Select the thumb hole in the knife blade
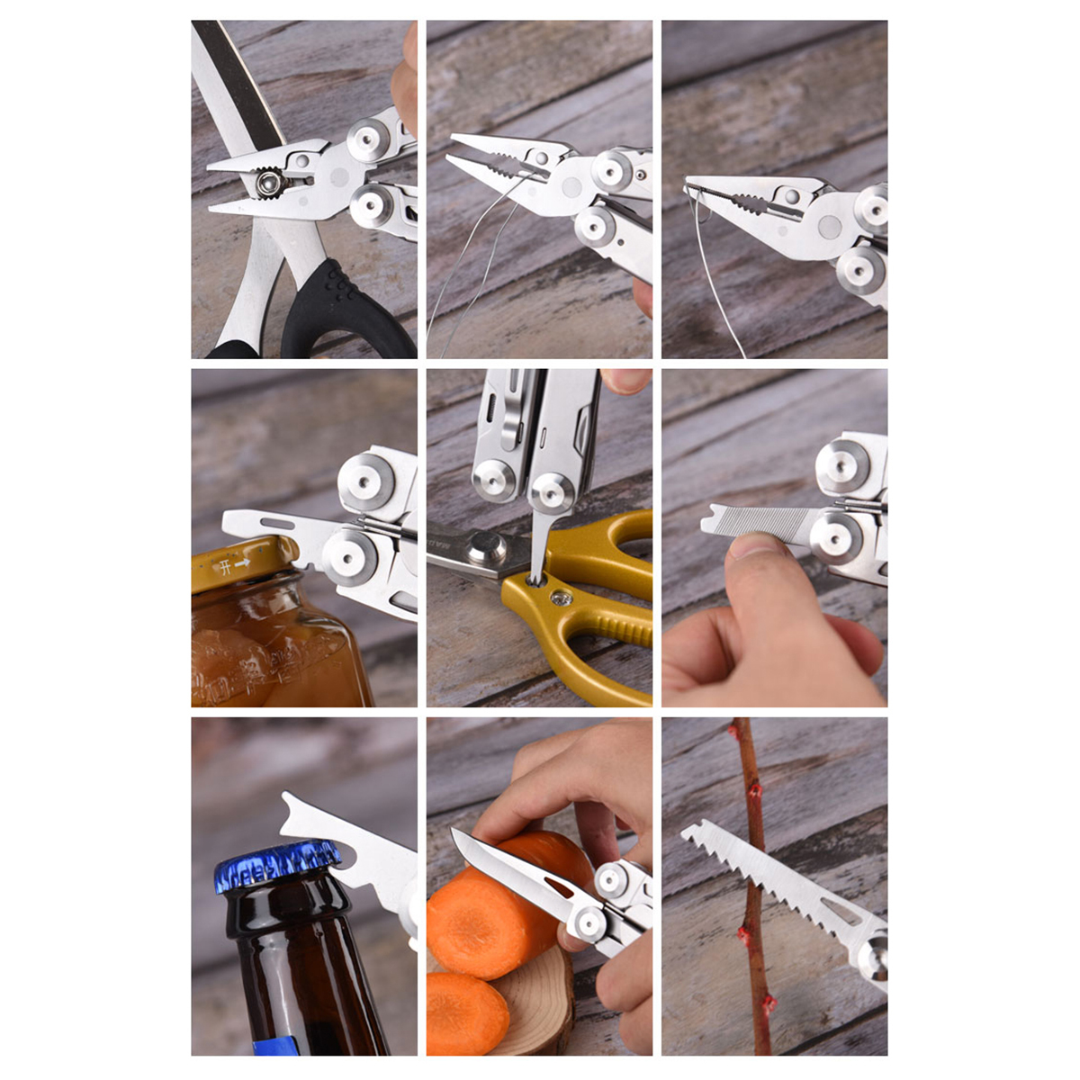(x=557, y=887)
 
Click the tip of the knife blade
(x=455, y=834)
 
